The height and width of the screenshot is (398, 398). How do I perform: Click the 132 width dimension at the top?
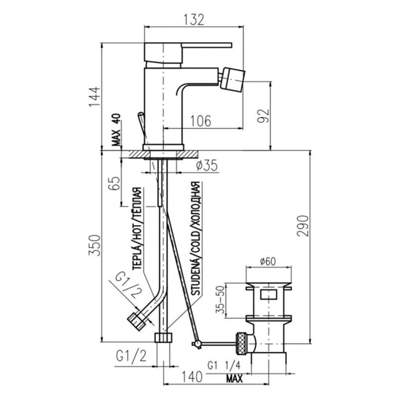(194, 19)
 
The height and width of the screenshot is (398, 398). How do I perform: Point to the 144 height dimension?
(95, 97)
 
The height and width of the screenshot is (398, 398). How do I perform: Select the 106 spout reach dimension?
(200, 121)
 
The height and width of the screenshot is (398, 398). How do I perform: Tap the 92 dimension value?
(263, 116)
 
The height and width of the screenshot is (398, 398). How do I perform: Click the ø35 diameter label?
(207, 165)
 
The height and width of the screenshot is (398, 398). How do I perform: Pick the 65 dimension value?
(114, 183)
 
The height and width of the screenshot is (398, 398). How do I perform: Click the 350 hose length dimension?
(95, 245)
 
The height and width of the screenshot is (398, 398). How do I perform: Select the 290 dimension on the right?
(303, 226)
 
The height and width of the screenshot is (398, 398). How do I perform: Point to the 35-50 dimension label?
(220, 299)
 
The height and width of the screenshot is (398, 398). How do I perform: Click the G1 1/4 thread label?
(223, 366)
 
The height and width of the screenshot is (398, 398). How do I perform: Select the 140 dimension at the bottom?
(192, 377)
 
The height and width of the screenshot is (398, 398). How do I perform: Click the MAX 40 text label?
(116, 130)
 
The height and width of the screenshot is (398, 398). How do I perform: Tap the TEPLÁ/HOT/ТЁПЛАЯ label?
(137, 228)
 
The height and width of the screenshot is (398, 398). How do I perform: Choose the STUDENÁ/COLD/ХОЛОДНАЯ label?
(196, 239)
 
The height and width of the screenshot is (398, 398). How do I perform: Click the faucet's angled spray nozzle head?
(232, 78)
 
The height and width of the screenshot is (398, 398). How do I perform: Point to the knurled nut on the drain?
(241, 343)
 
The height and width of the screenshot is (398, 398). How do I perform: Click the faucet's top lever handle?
(188, 53)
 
